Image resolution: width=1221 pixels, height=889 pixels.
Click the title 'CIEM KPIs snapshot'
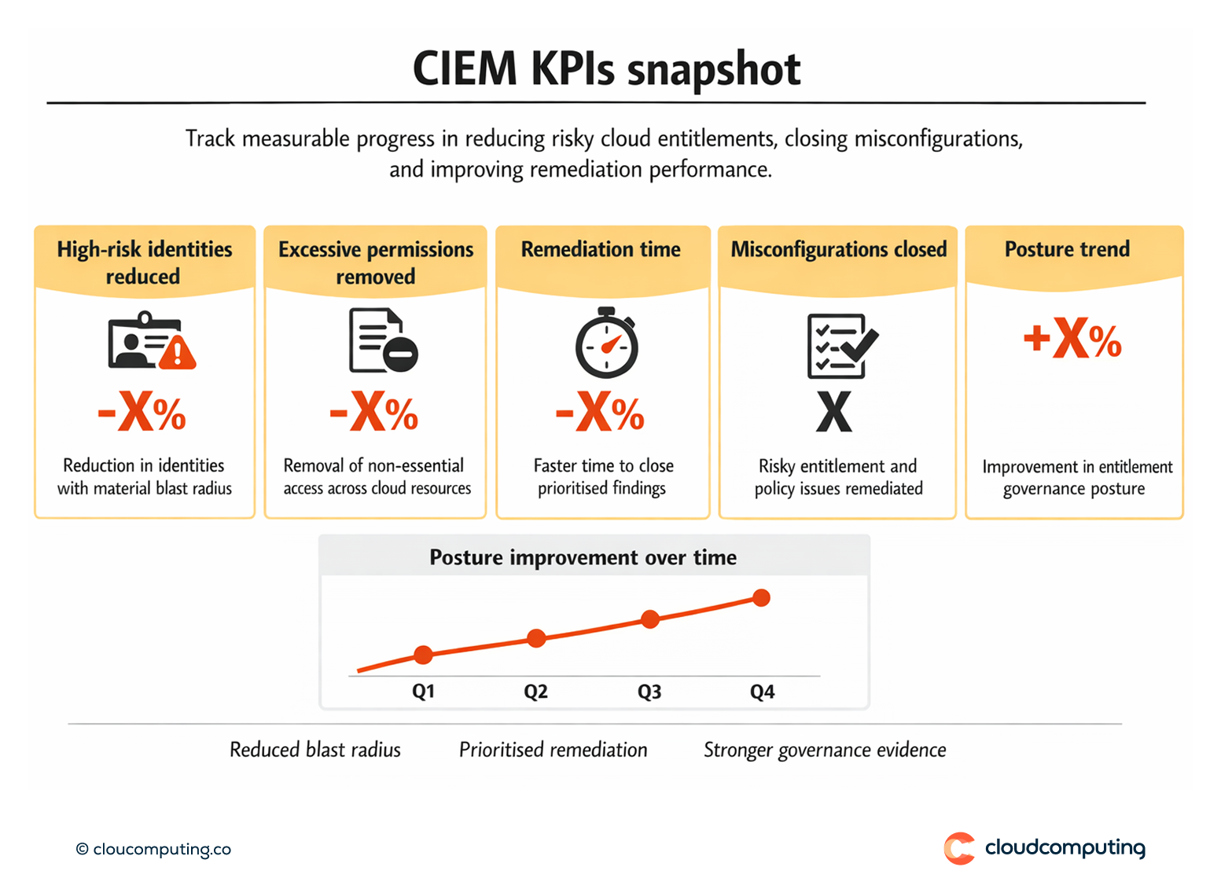[606, 69]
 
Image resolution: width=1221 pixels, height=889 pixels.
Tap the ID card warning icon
[151, 341]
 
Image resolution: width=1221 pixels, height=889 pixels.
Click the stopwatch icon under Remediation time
[606, 343]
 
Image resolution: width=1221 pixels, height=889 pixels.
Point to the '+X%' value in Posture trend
[1072, 339]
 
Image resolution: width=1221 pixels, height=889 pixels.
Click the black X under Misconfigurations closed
[833, 412]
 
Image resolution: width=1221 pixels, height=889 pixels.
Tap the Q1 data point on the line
[423, 654]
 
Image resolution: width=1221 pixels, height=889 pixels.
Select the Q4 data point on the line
[761, 598]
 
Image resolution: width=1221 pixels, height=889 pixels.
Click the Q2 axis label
[535, 692]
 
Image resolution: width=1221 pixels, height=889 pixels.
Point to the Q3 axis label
[649, 692]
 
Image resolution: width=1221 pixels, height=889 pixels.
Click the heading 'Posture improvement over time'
[583, 557]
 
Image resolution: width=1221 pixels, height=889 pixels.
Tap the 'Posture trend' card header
[1067, 249]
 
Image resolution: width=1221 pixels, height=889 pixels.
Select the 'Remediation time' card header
[601, 249]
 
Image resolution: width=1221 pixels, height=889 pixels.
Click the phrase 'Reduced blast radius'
[314, 750]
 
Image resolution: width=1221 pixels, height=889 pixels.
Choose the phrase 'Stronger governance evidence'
[824, 750]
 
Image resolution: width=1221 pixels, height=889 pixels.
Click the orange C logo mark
[959, 848]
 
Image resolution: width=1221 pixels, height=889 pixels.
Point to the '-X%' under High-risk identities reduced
[142, 412]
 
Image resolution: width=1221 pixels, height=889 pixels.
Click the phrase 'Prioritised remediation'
[553, 750]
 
